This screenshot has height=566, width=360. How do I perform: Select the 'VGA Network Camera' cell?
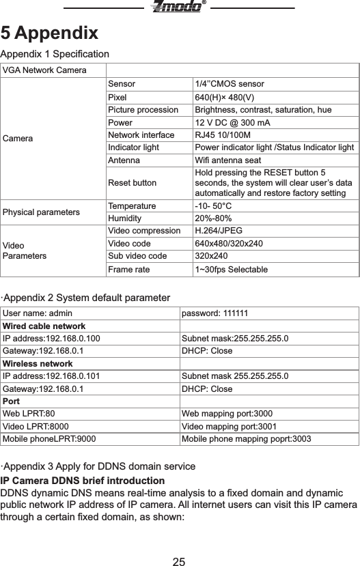tap(44, 70)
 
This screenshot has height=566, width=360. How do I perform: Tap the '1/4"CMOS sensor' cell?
tap(230, 84)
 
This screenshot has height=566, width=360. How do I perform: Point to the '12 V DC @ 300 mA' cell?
tap(232, 122)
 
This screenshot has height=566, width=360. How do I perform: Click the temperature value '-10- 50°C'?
tap(213, 205)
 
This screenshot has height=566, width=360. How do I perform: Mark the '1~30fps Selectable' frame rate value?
tap(232, 270)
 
